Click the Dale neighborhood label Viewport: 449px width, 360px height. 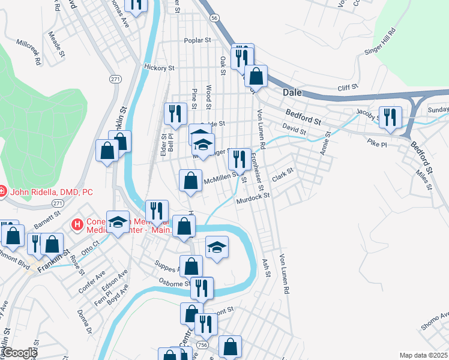[292, 93]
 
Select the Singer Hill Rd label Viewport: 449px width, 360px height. [380, 42]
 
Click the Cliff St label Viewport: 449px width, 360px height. [348, 88]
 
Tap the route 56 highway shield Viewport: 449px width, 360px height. [214, 19]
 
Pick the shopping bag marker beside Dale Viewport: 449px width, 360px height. [256, 76]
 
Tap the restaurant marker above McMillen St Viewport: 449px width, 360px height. [240, 159]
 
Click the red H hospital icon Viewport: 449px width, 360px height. [77, 225]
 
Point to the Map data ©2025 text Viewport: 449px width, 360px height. [423, 355]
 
